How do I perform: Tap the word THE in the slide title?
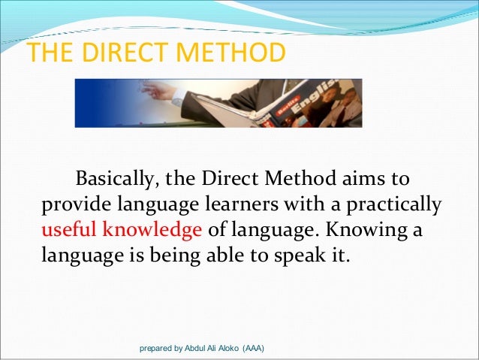coord(51,53)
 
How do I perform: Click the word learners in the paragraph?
coord(246,204)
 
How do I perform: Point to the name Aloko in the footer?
coord(229,349)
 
